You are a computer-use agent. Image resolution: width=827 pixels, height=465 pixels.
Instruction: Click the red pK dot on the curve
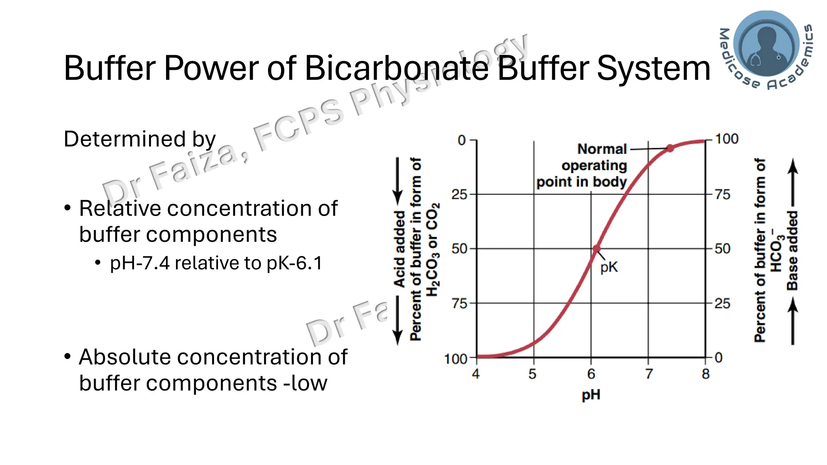(x=596, y=249)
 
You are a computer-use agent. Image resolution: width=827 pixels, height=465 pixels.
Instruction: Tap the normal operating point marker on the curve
(x=670, y=148)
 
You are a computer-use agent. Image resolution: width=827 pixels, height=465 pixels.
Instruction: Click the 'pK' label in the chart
(x=609, y=267)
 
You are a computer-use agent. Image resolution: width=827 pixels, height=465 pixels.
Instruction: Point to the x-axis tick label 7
(x=649, y=374)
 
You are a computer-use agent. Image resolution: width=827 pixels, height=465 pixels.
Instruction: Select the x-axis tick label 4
(x=476, y=374)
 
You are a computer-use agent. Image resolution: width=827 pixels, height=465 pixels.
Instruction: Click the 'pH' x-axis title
(x=591, y=394)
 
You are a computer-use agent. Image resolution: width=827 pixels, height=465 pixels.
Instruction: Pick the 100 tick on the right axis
(x=726, y=139)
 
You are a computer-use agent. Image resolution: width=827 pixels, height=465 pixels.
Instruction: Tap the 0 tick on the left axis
(x=462, y=140)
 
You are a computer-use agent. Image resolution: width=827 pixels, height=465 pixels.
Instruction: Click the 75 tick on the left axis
(x=459, y=304)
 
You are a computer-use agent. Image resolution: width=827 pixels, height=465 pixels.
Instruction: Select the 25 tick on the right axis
(x=722, y=304)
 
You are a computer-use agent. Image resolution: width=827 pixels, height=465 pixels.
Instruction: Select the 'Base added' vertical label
(x=792, y=250)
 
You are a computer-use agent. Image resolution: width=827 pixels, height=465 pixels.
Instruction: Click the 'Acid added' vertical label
(x=399, y=249)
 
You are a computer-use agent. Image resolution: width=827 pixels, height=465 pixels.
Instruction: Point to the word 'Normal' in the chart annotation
(x=602, y=149)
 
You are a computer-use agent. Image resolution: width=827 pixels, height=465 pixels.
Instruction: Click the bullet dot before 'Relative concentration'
(x=67, y=208)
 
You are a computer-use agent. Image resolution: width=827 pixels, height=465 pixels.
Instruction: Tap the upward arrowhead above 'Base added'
(x=793, y=165)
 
